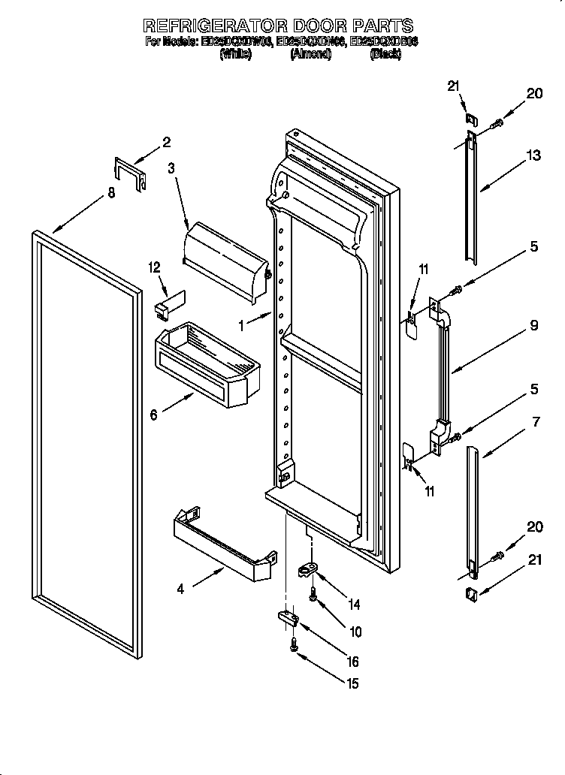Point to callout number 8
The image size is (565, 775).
coord(111,193)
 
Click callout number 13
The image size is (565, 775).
coord(533,156)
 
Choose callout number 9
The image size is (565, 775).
coord(533,326)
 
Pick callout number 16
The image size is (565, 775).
coord(352,662)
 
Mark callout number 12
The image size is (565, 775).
coord(155,267)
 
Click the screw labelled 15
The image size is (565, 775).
coord(293,644)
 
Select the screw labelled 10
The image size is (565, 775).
coord(313,593)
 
